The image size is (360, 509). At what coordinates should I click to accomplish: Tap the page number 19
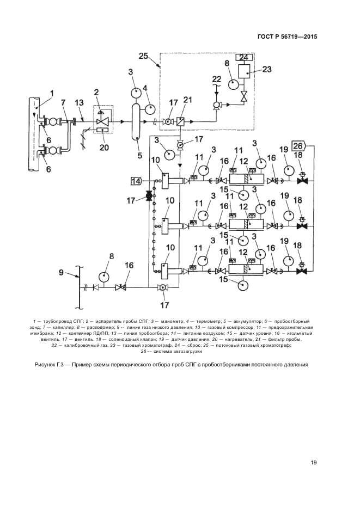[314, 463]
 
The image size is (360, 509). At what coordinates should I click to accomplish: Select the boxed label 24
[244, 58]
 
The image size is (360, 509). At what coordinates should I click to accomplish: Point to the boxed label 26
[299, 145]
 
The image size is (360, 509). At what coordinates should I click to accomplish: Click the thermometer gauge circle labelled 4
[149, 109]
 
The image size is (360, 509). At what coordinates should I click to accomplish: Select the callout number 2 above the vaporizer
[97, 91]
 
